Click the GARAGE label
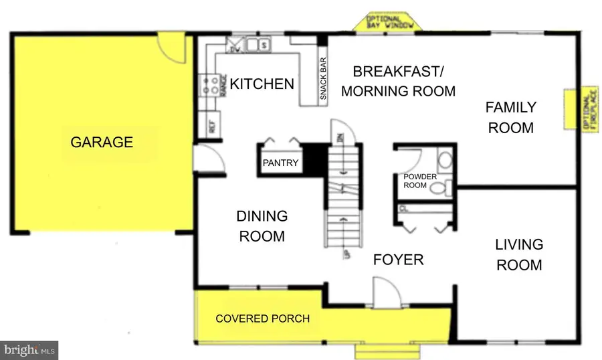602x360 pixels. (x=102, y=142)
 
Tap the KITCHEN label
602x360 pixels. (x=262, y=84)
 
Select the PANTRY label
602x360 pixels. (x=280, y=163)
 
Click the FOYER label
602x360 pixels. (x=398, y=260)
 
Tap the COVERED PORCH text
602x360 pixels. (x=262, y=319)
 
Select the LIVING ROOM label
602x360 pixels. (x=519, y=254)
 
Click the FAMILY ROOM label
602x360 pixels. (x=511, y=117)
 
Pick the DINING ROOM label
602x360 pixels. (x=262, y=226)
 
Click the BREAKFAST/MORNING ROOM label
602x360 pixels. (x=398, y=81)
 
